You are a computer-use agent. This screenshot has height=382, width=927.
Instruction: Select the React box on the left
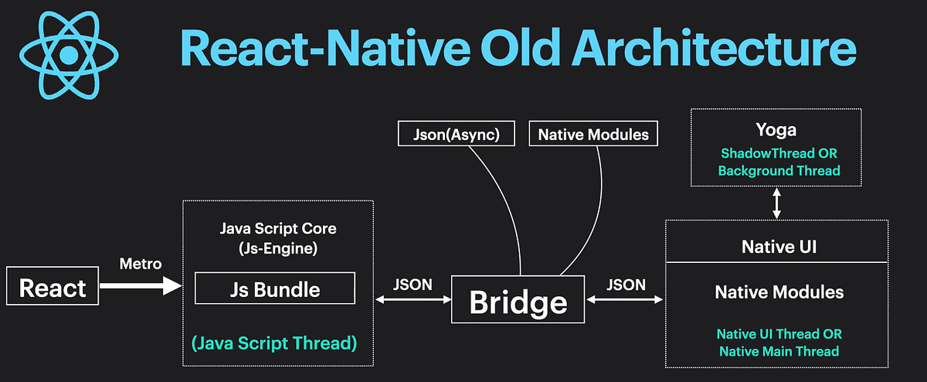point(52,288)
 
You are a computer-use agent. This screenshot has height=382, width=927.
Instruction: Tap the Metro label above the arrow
point(140,264)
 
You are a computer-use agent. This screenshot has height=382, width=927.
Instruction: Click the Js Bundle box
point(275,289)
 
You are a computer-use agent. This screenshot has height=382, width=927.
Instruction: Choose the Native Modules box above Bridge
point(593,135)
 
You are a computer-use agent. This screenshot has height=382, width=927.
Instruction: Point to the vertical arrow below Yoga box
point(777,203)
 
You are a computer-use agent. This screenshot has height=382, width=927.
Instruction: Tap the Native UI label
point(779,247)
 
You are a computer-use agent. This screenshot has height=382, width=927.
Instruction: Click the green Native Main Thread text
point(779,351)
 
